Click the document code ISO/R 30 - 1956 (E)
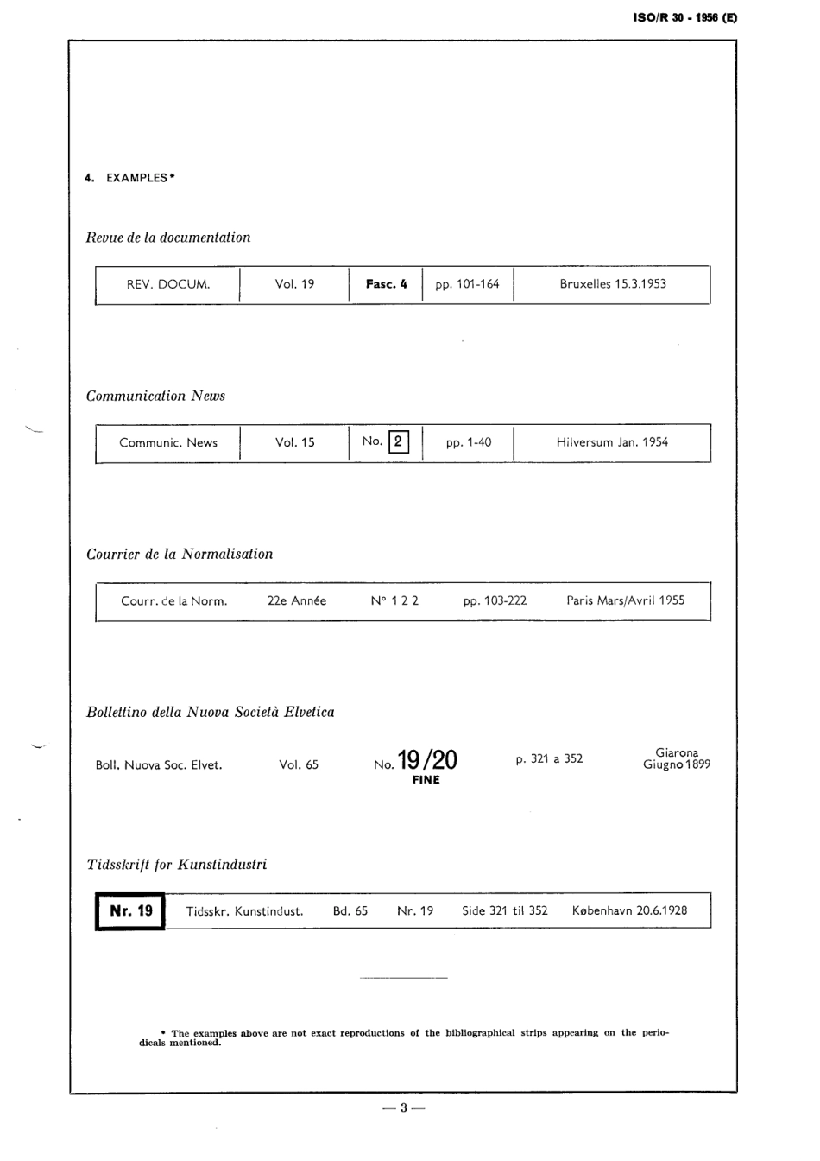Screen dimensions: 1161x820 tap(685, 17)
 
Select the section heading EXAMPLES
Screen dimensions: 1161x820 tap(136, 178)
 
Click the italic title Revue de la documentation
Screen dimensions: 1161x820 tap(168, 238)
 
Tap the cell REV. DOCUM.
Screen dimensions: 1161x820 tap(168, 284)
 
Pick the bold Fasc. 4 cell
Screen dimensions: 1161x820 tap(386, 284)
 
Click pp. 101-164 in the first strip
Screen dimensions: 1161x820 tap(467, 284)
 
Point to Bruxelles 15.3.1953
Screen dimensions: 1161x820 tap(613, 284)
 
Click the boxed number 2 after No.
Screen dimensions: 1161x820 tap(398, 441)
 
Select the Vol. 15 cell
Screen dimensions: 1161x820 tap(295, 442)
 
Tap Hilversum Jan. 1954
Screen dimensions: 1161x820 tap(612, 442)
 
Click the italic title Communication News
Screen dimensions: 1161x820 tap(155, 396)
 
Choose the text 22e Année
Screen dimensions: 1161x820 tap(297, 601)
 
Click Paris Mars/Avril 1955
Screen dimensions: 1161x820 tap(626, 600)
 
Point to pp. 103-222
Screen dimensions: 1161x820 tap(495, 601)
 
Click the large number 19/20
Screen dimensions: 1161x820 tap(427, 760)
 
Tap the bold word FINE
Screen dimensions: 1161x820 tap(426, 780)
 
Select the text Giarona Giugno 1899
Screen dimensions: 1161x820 tap(677, 758)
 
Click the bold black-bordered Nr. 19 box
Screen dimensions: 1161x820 tap(130, 911)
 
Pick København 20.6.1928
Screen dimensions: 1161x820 tap(630, 910)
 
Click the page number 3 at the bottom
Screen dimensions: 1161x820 tap(403, 1108)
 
